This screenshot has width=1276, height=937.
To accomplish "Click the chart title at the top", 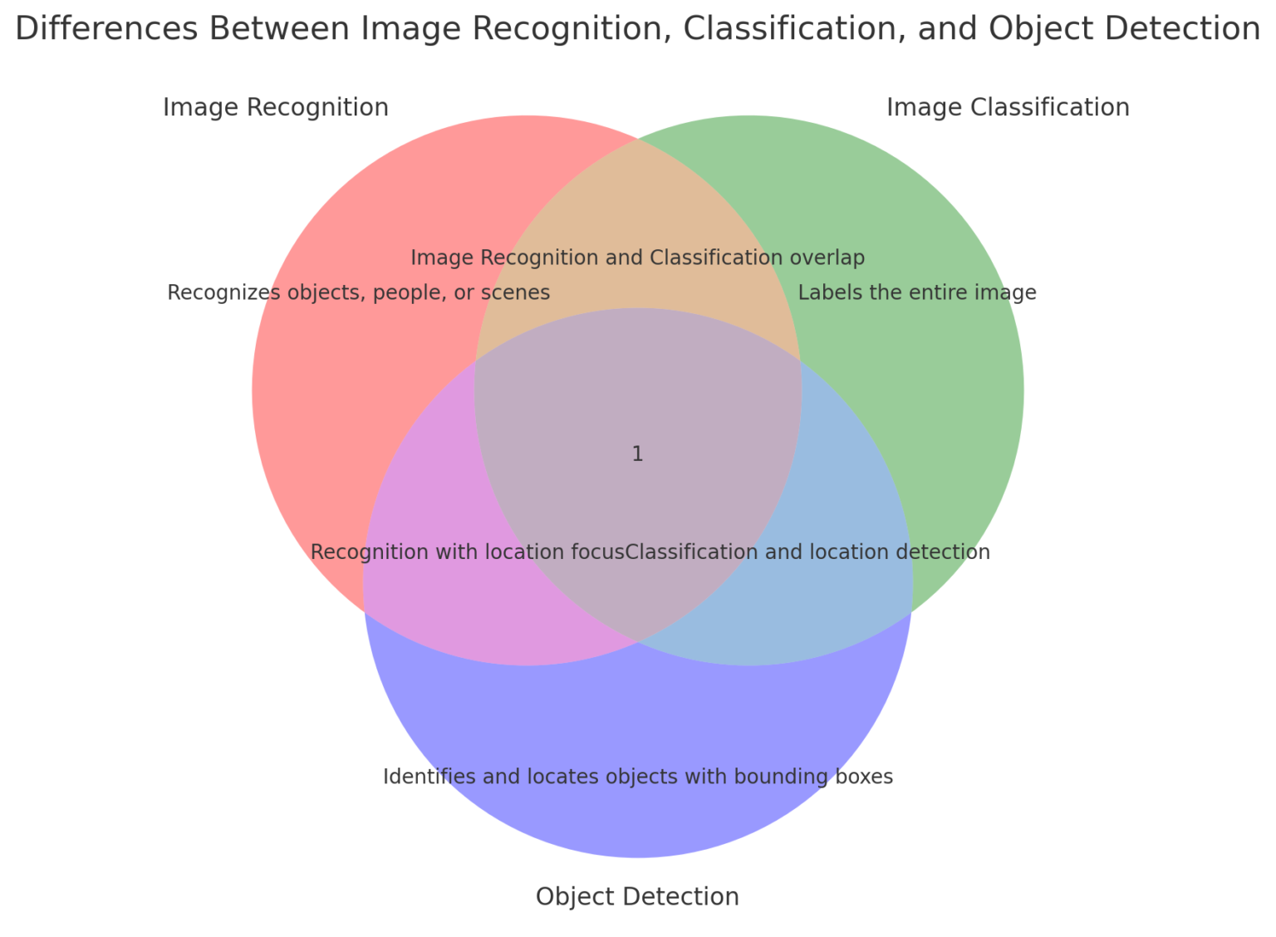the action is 637,28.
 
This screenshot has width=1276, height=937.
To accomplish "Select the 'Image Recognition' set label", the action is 276,107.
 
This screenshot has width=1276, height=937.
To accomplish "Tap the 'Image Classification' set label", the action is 1008,107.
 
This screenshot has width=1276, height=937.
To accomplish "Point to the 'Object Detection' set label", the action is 637,896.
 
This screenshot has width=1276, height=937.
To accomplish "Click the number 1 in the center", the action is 637,454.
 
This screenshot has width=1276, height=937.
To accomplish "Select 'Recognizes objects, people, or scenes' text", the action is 358,292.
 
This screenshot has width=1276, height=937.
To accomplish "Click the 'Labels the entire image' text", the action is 916,292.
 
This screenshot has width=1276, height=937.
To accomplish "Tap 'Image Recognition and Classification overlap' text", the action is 637,258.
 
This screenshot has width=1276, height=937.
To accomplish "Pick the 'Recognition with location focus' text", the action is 468,552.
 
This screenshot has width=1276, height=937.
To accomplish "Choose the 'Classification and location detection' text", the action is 807,552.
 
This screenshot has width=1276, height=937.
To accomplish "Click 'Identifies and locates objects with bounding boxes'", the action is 637,777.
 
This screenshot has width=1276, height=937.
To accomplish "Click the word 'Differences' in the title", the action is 106,28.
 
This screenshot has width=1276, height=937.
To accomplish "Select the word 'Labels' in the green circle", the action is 828,292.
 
